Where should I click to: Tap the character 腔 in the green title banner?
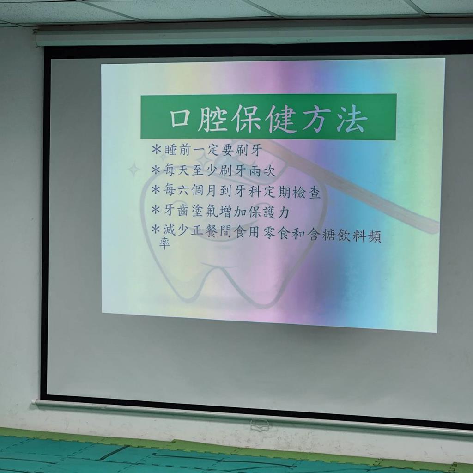(212, 119)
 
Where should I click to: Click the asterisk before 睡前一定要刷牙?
(156, 149)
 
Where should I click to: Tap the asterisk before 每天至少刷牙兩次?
(156, 170)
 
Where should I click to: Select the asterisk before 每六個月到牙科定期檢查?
(156, 190)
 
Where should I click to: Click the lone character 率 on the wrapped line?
(165, 243)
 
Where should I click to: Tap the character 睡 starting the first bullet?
(170, 150)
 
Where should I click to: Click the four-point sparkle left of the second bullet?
(134, 169)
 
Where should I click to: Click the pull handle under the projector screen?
(259, 425)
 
